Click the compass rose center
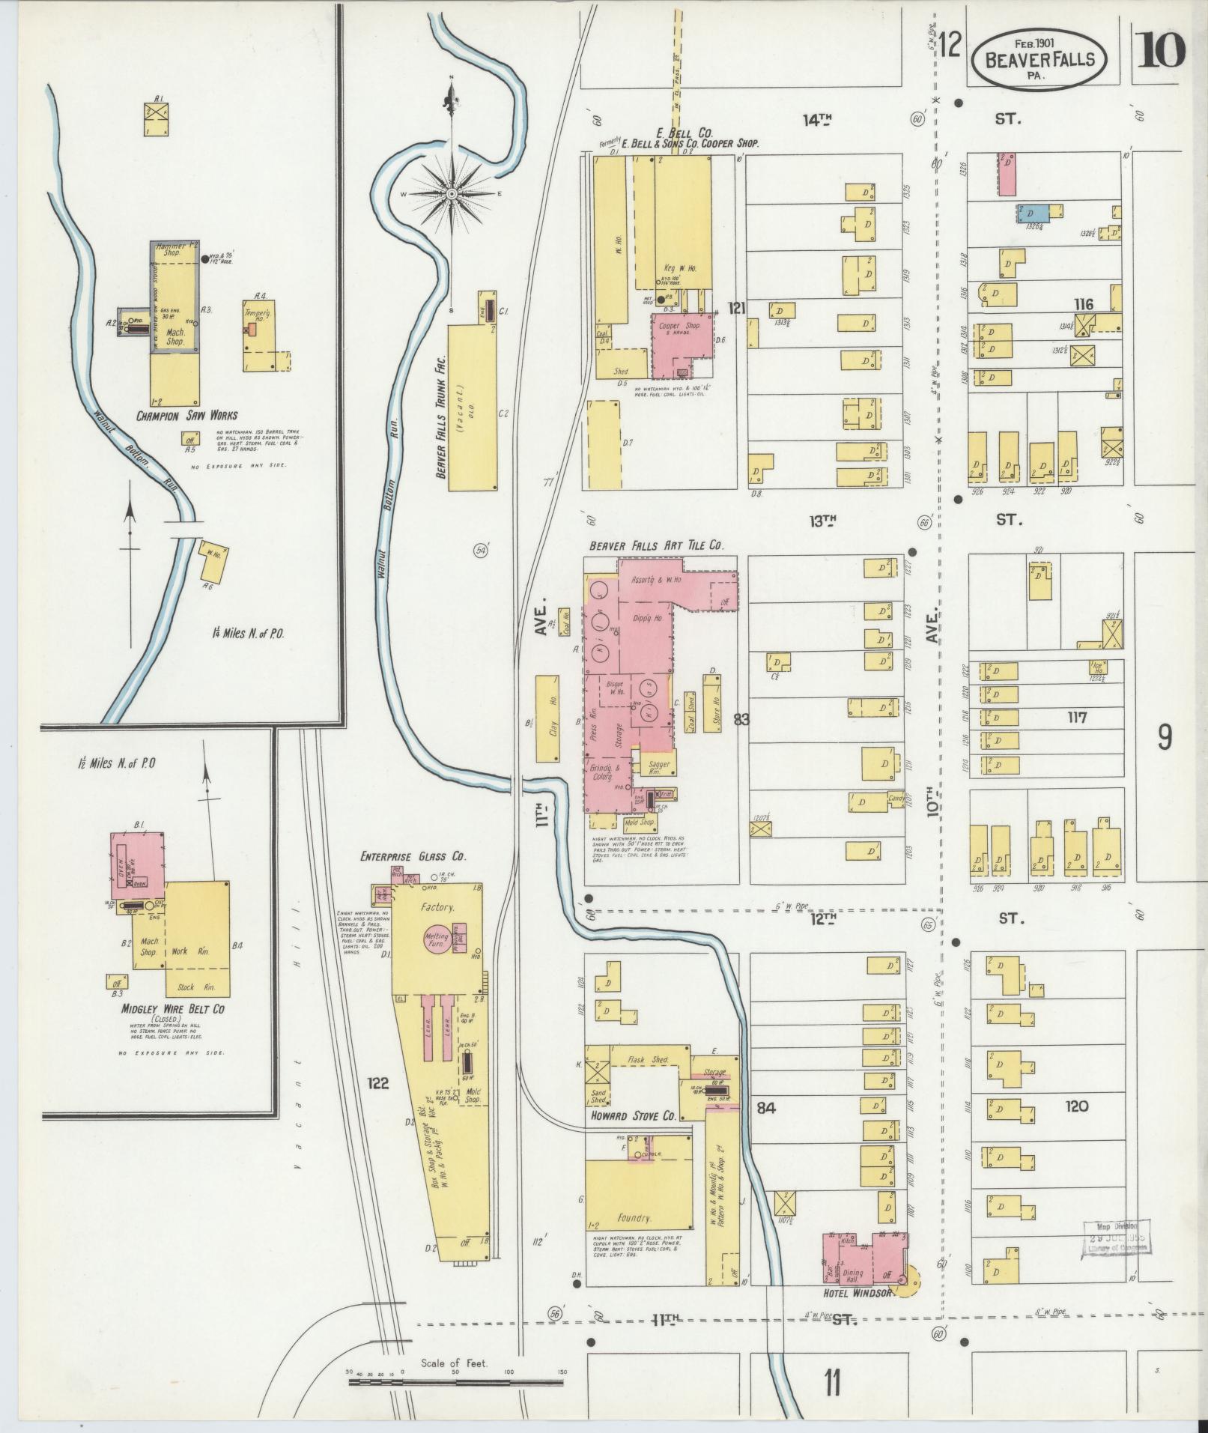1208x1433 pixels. tap(452, 194)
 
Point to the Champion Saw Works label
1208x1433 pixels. tap(186, 416)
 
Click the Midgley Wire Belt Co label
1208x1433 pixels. tap(173, 1009)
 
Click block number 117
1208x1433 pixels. tap(1078, 718)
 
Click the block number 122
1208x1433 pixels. tap(378, 1082)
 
